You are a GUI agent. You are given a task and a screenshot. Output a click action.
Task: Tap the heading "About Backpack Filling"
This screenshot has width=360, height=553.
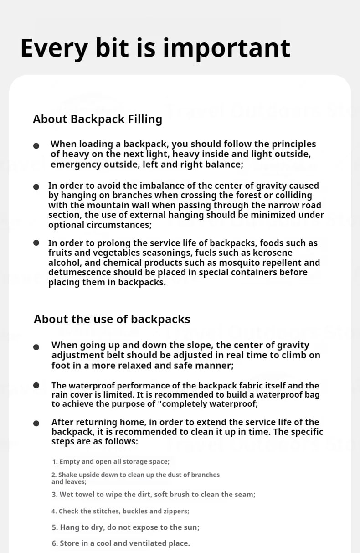tap(98, 119)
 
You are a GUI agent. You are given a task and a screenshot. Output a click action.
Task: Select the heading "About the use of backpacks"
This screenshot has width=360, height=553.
tap(112, 319)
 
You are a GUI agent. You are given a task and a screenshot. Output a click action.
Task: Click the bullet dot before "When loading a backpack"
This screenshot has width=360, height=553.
tap(36, 145)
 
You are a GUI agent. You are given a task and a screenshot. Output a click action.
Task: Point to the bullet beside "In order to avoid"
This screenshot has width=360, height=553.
tap(36, 186)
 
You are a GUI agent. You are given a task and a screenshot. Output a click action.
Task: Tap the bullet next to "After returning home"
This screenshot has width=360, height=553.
tap(36, 424)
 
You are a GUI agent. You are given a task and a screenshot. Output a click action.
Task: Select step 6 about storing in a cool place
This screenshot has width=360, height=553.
tap(121, 543)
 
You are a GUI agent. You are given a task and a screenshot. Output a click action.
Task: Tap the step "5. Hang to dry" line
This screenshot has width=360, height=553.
tap(125, 527)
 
